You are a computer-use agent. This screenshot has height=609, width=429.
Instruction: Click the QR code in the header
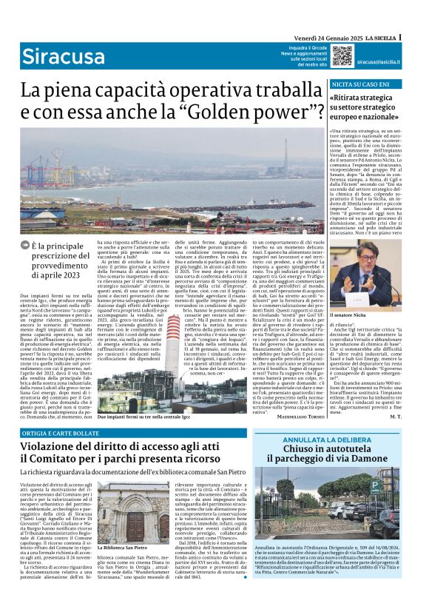tap(321, 55)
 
